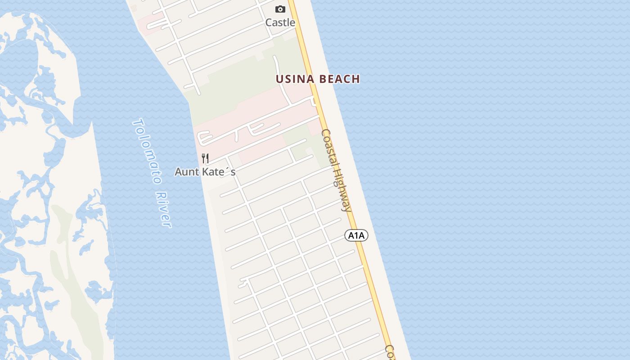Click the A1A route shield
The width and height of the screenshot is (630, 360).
coord(356,235)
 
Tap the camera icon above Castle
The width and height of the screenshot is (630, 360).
coord(280,9)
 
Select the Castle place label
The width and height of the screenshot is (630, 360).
coord(280,22)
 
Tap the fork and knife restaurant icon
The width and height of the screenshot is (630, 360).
coord(205,158)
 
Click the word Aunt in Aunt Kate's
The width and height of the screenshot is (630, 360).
coord(185,172)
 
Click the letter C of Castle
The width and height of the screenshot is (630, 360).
coord(269,22)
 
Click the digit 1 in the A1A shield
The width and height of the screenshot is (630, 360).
coord(356,235)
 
